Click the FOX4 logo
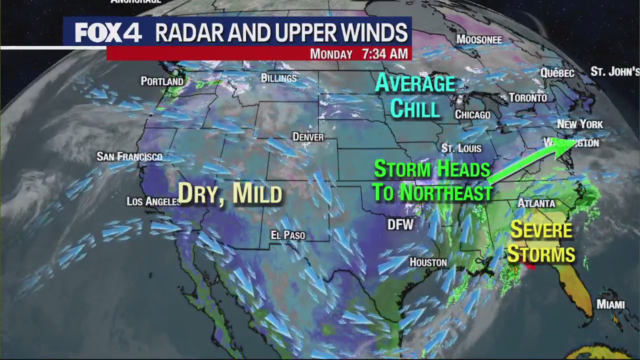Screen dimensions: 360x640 108,33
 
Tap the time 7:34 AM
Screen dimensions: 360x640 385,54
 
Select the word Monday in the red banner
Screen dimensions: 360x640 331,54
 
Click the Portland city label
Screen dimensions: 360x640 162,81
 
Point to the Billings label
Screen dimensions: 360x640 278,78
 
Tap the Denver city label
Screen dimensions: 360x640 308,137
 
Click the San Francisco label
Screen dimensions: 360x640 129,157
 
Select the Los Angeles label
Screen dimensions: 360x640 153,201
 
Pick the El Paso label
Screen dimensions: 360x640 287,235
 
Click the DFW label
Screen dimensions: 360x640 400,225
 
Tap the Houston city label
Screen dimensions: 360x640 428,262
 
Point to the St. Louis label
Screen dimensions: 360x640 461,148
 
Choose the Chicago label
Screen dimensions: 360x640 472,115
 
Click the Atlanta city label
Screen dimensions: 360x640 536,203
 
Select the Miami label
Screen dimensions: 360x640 610,304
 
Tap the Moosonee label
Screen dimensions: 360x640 479,39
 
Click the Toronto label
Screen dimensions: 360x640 528,98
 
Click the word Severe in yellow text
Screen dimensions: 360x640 541,230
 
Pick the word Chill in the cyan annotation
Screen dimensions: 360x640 414,108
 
